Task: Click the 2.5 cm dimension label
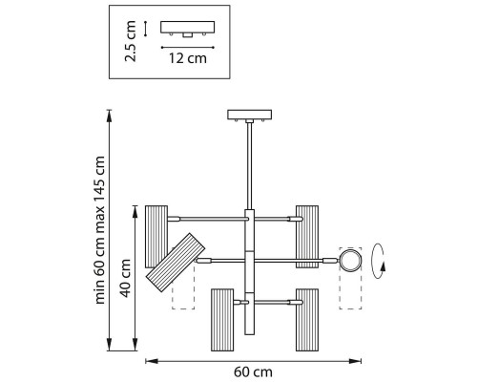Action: (x=131, y=41)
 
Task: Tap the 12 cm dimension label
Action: (x=188, y=58)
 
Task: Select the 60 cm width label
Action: (x=254, y=372)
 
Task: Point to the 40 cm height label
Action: (x=126, y=278)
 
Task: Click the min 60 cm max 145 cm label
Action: (x=100, y=230)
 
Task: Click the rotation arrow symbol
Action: (x=379, y=261)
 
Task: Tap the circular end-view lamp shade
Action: (x=350, y=261)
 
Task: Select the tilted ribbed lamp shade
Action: (x=176, y=263)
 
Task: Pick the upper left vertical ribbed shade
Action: (x=156, y=237)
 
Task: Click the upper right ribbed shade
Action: (x=307, y=237)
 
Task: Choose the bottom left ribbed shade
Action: (x=222, y=320)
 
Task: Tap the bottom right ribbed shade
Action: (x=307, y=320)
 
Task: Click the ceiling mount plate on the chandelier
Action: (x=250, y=115)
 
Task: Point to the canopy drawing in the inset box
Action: (x=188, y=28)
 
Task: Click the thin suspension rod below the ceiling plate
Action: (x=250, y=166)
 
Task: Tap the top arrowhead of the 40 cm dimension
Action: (x=135, y=211)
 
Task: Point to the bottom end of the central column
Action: (x=250, y=334)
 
